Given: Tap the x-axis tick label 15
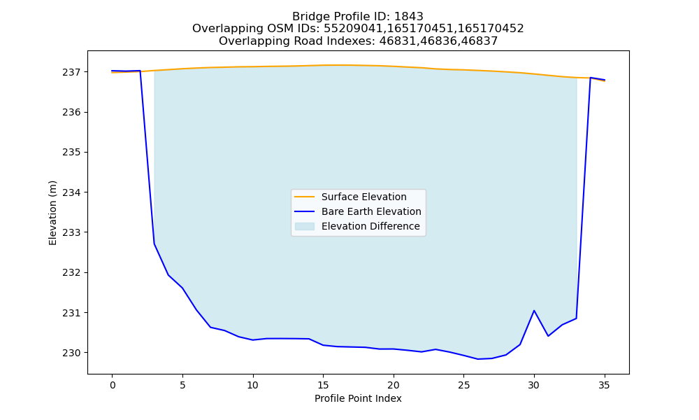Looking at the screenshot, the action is click(x=323, y=385).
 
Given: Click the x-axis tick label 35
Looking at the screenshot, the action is click(x=604, y=385).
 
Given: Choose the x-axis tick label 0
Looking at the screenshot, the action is click(x=113, y=385).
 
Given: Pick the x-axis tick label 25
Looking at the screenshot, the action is click(x=463, y=385).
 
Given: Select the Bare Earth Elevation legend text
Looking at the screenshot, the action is click(x=371, y=211).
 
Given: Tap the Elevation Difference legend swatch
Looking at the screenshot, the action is click(x=305, y=226).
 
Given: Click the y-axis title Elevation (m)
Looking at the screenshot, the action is click(x=52, y=213).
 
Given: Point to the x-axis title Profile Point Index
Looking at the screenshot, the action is click(x=358, y=398).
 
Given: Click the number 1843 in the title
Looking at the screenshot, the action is click(x=409, y=17).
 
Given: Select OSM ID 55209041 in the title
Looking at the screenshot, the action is click(x=352, y=29).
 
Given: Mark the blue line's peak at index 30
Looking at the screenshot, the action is click(x=534, y=310).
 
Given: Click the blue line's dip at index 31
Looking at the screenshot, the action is click(x=548, y=335).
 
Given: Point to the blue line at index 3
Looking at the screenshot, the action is click(x=154, y=244).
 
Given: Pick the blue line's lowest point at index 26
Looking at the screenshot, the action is click(x=478, y=359).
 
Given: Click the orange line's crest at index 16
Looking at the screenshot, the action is click(x=337, y=65).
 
